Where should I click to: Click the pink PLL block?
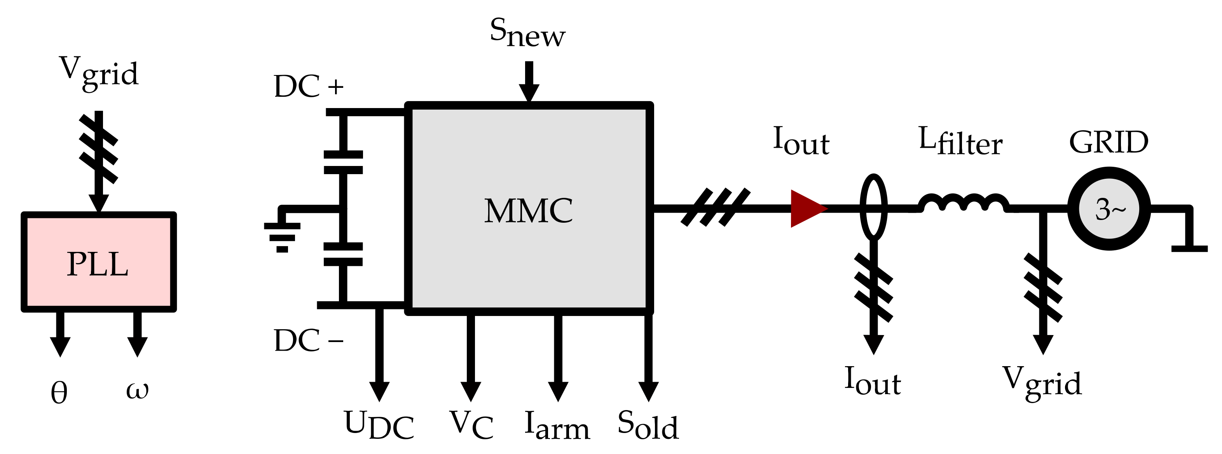tap(99, 262)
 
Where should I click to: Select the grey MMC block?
tap(529, 209)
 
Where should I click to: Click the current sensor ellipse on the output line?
tap(873, 207)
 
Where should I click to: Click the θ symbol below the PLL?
tap(59, 393)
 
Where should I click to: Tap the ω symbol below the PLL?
tap(137, 390)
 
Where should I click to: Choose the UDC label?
tap(379, 424)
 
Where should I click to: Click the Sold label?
tap(648, 424)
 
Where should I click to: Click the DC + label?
tap(308, 86)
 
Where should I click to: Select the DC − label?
tap(308, 340)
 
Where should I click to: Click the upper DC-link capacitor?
tap(343, 162)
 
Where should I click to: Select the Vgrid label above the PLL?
tap(99, 72)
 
